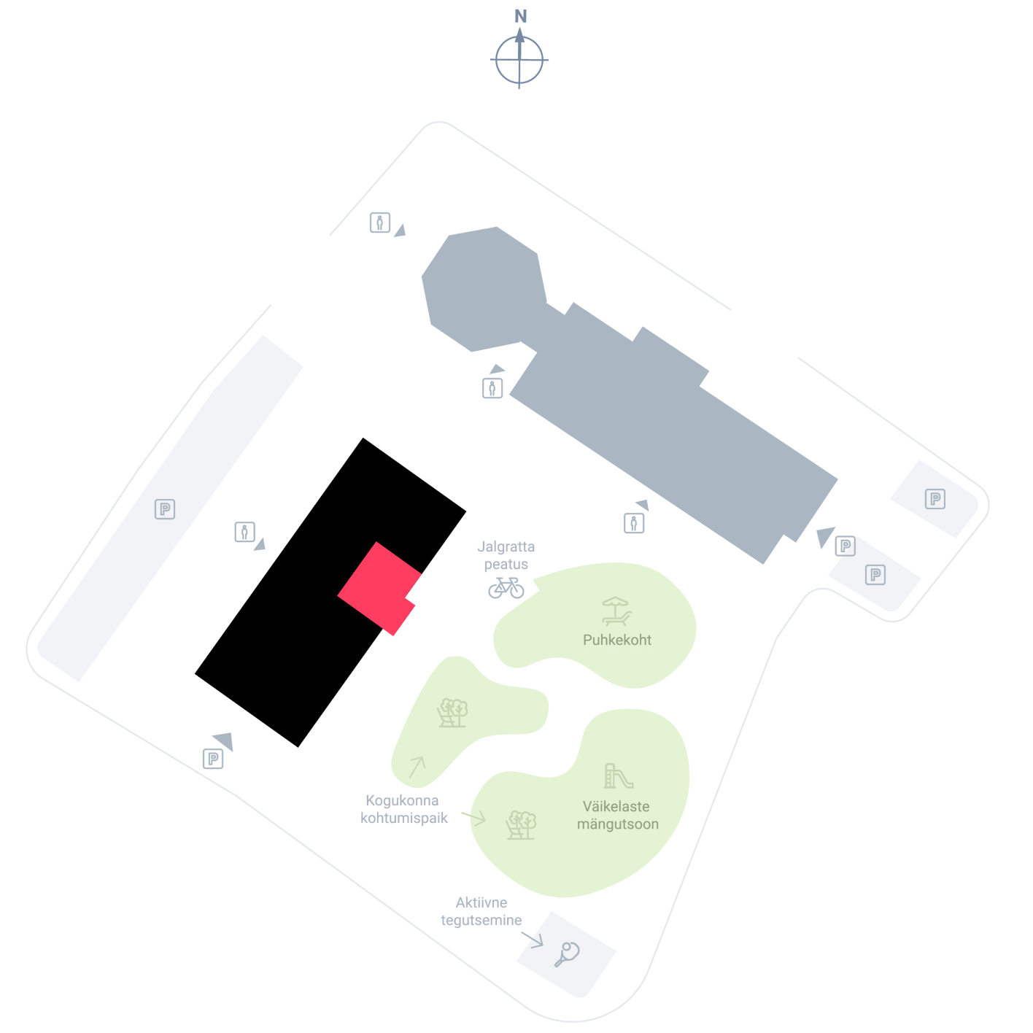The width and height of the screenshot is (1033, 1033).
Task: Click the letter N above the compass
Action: tap(520, 16)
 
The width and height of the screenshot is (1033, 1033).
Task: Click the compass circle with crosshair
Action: tap(519, 60)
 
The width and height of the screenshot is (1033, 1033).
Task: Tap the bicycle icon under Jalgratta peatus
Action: tap(506, 587)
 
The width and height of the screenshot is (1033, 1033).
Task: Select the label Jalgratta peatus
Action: tap(506, 555)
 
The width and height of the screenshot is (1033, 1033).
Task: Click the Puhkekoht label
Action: tap(617, 640)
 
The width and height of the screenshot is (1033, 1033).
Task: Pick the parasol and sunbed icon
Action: tap(616, 611)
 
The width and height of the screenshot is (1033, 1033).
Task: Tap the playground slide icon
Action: tap(619, 775)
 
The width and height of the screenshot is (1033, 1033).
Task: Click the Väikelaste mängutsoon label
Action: tap(617, 815)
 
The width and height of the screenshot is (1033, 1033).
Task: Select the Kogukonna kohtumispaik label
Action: tap(403, 809)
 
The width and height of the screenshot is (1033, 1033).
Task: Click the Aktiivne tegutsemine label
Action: tap(481, 911)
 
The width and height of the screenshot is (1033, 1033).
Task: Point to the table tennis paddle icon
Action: tap(566, 954)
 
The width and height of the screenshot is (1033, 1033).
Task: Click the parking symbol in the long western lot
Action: tap(165, 508)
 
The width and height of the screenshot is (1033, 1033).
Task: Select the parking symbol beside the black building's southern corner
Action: tap(213, 759)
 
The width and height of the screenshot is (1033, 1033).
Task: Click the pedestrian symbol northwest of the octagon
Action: tap(379, 223)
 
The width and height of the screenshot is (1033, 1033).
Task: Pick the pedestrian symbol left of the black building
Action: tap(244, 533)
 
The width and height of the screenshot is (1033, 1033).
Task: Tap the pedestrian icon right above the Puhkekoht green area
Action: tap(634, 522)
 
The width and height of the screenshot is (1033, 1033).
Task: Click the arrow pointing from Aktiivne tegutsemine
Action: tap(533, 940)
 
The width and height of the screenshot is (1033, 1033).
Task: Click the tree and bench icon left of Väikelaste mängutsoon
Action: tap(521, 824)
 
